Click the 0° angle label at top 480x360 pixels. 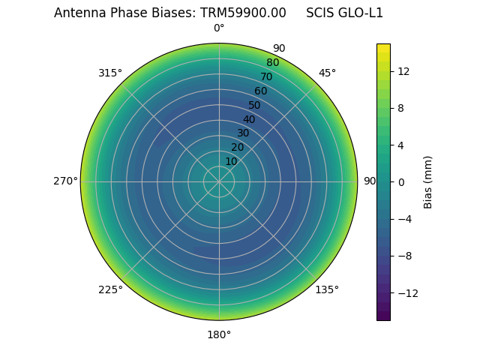click(219, 28)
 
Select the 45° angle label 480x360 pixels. click(327, 73)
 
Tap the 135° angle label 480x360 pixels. click(327, 289)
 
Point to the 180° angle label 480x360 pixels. click(219, 334)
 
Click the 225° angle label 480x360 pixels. click(110, 289)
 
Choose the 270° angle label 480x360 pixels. click(65, 181)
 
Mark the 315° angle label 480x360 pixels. click(110, 73)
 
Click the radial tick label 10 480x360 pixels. click(231, 161)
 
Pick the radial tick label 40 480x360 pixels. click(249, 119)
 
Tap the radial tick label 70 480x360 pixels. click(266, 76)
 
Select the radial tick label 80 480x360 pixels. click(272, 63)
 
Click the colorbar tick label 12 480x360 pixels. click(403, 71)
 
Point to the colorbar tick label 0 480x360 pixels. click(400, 181)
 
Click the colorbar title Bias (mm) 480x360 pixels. click(428, 181)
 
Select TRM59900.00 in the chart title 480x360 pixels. click(243, 13)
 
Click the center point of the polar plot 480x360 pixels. click(219, 181)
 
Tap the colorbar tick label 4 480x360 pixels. click(400, 145)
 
